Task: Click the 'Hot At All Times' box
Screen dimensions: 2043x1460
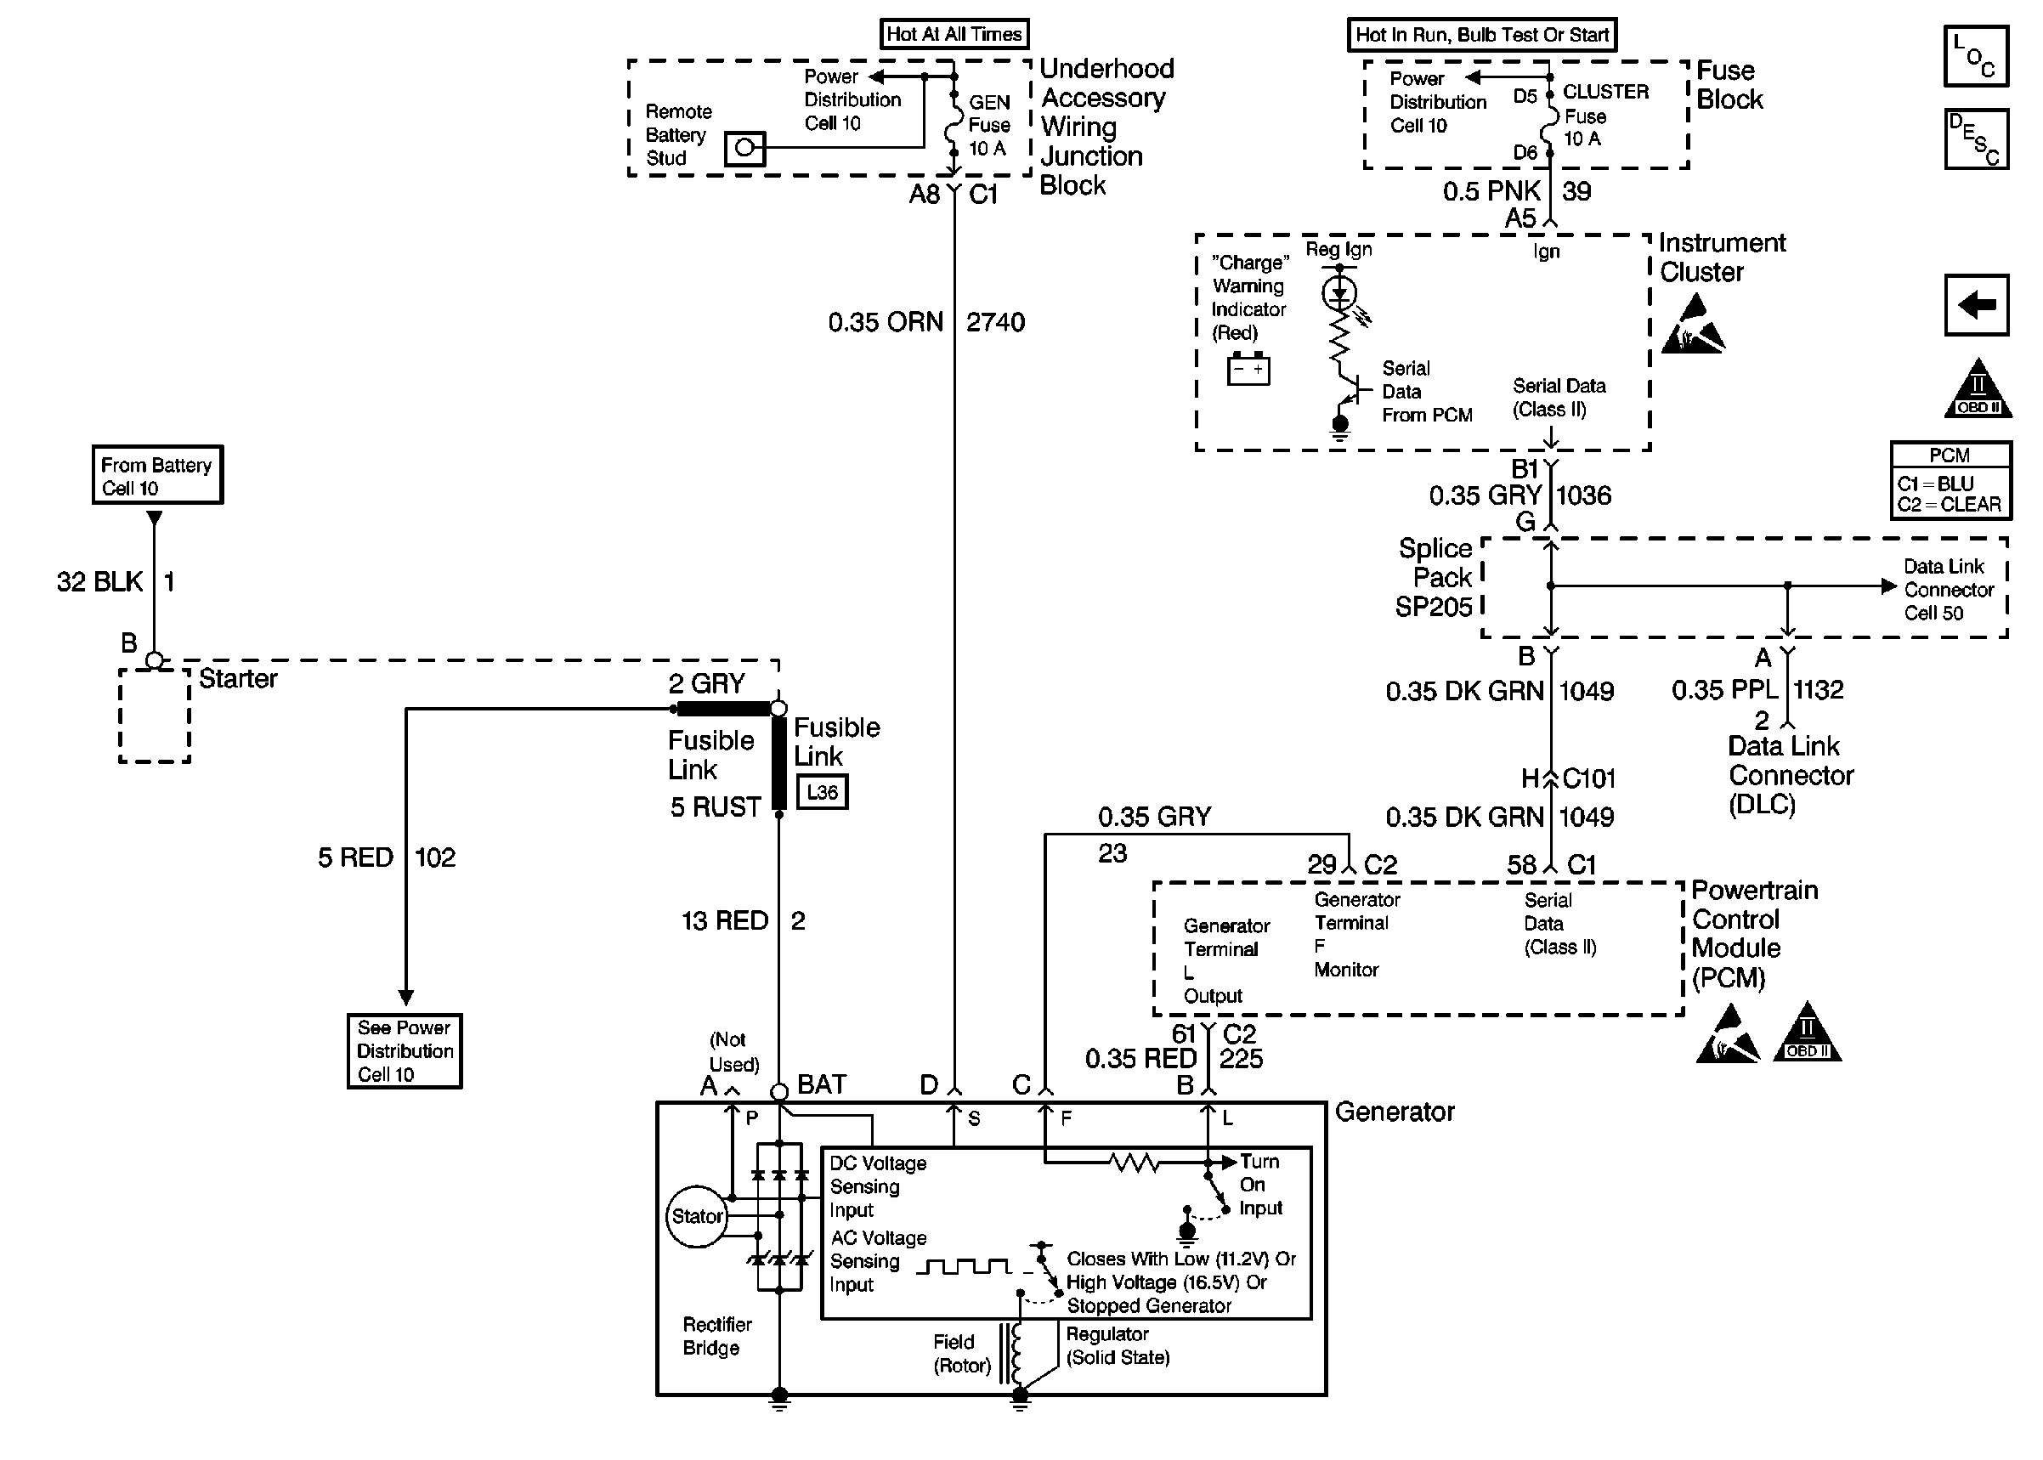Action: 954,34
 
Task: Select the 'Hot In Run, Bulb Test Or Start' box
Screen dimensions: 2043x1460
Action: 1481,35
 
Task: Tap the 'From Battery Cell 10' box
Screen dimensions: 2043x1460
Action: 157,476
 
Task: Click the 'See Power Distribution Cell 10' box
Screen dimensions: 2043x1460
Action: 405,1051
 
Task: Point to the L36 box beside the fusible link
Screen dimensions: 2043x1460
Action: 823,792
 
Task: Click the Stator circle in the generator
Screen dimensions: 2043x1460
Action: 697,1216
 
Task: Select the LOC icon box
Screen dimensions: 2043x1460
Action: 1976,56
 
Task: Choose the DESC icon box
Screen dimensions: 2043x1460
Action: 1976,139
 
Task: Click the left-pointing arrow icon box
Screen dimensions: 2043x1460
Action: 1976,305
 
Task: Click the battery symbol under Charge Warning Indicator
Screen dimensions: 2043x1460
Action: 1248,370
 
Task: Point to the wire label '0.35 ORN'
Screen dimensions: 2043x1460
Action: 886,322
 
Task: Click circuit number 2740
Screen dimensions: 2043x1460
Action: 995,322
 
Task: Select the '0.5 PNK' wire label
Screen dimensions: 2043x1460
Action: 1491,190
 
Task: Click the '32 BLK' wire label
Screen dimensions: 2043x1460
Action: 99,581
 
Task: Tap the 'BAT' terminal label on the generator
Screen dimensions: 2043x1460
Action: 822,1084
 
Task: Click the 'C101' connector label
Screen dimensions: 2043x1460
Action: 1589,778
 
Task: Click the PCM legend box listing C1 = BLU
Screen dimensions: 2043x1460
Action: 1950,481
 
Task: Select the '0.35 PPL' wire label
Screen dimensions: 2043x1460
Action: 1725,689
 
